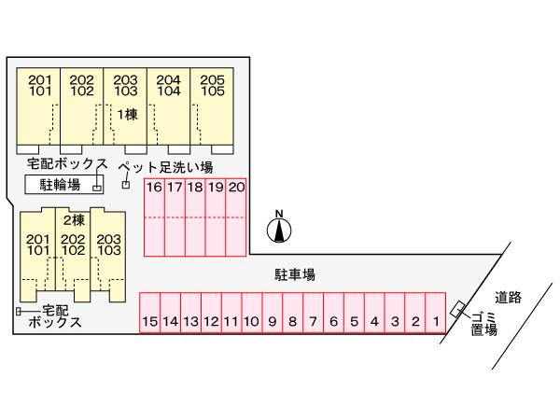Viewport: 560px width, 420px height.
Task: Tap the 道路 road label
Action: [x=508, y=296]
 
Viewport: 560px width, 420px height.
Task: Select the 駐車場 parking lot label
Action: [x=294, y=274]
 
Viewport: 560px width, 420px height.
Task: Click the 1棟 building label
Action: [x=125, y=114]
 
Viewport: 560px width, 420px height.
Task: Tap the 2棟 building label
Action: [x=74, y=221]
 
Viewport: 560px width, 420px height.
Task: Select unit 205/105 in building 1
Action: [x=212, y=86]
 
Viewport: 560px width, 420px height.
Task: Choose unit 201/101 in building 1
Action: [x=38, y=86]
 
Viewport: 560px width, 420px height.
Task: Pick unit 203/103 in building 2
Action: [x=109, y=245]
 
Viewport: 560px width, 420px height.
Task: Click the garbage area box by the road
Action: [x=458, y=309]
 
